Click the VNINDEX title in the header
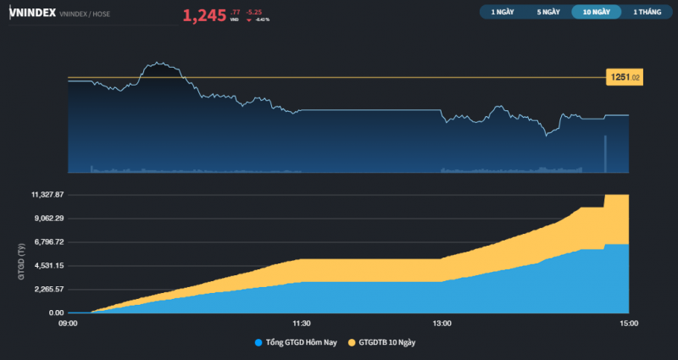click(x=33, y=13)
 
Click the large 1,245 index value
click(x=204, y=14)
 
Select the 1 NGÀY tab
click(x=502, y=12)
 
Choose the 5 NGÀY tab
click(x=547, y=12)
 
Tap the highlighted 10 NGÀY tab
click(x=595, y=12)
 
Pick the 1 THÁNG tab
click(x=646, y=12)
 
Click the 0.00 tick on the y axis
click(x=57, y=313)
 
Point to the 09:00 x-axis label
click(x=68, y=323)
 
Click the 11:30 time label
click(x=302, y=323)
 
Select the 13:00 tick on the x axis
click(x=442, y=323)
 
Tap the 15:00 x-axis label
click(x=629, y=323)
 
